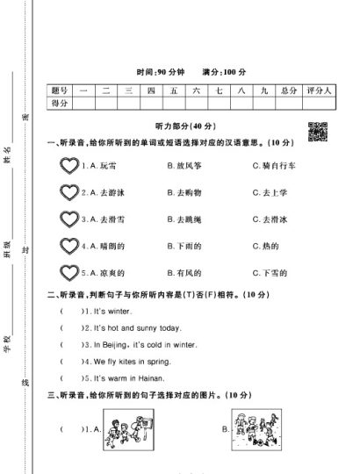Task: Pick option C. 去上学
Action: [269, 192]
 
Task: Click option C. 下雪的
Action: [269, 274]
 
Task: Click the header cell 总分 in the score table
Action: [289, 90]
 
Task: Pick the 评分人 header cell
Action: [317, 90]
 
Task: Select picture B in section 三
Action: [260, 430]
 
